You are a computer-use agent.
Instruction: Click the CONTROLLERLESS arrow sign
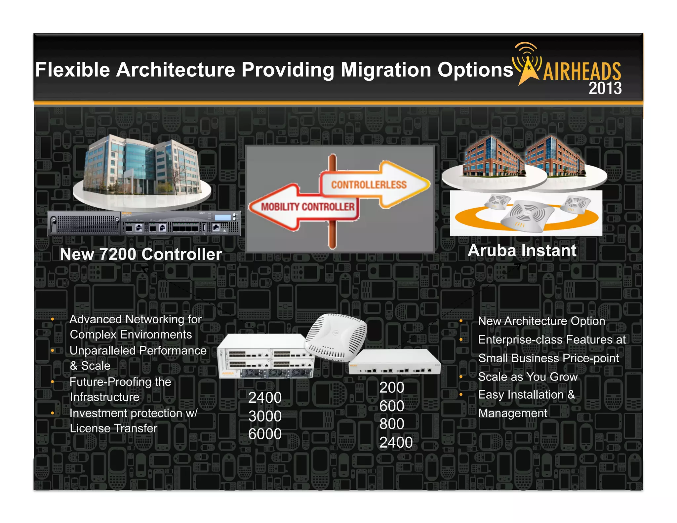369,184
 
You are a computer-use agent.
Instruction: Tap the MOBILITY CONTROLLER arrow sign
307,207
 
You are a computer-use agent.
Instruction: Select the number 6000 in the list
265,434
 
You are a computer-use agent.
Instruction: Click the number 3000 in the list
265,416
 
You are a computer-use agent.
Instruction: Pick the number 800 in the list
392,424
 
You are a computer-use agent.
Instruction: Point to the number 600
392,406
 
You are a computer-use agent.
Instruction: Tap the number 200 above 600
392,387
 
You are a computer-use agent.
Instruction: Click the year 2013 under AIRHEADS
605,88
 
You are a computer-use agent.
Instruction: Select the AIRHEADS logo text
582,71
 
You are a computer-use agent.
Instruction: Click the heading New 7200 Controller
141,254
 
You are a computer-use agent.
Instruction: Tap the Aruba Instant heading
522,251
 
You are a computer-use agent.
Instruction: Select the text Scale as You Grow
528,377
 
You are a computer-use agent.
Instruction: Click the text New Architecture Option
541,321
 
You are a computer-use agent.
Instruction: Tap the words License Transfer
113,428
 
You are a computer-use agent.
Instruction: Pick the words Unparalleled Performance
138,350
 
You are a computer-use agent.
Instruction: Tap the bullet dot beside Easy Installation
461,394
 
